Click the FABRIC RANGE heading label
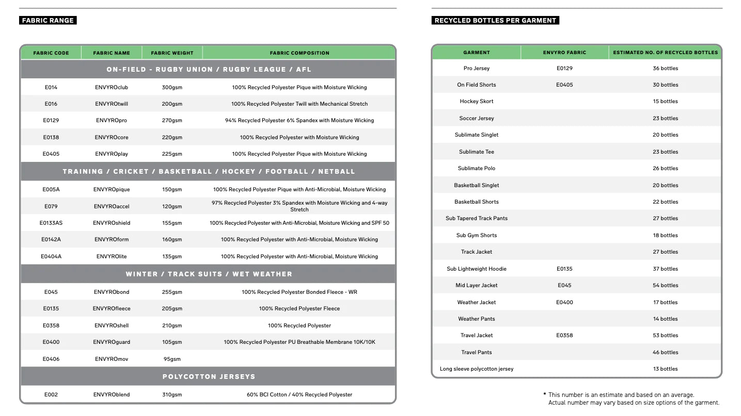[48, 21]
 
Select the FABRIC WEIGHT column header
[172, 53]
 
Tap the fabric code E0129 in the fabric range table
[51, 121]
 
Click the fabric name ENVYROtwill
[112, 104]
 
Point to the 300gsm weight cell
[172, 88]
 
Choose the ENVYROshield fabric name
[112, 223]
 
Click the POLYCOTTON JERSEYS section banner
[209, 377]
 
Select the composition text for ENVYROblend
[299, 395]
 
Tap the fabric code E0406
[51, 359]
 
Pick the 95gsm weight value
[172, 359]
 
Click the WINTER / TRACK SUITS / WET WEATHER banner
[209, 274]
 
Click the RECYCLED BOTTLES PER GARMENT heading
[495, 21]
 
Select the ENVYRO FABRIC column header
[564, 53]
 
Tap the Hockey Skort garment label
[476, 102]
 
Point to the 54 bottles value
[665, 286]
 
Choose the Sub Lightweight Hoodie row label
[476, 269]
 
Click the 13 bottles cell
[665, 369]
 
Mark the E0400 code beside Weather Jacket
[564, 303]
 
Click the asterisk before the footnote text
[544, 394]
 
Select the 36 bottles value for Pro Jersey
[665, 69]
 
